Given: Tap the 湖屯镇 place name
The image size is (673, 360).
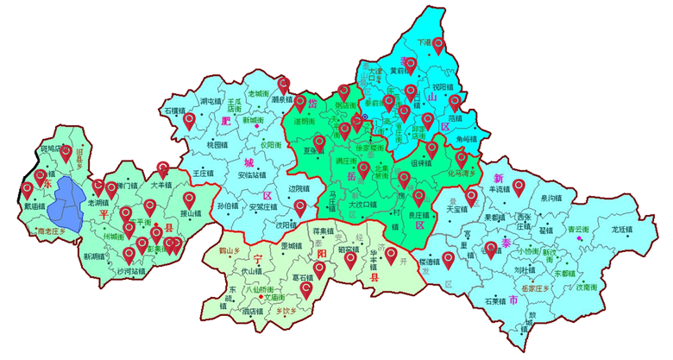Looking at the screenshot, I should click(211, 102).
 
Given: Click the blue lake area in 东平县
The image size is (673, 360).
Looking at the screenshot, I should click(67, 205).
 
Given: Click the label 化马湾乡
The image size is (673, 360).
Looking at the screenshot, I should click(461, 173).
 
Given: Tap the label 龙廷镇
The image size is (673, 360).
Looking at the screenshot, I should click(623, 230).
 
